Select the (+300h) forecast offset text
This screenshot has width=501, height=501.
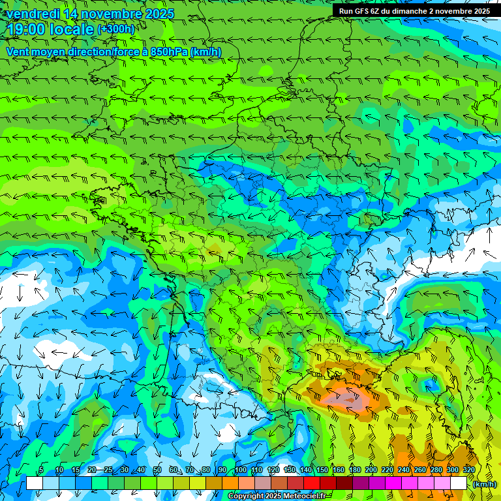pyautogui.click(x=115, y=29)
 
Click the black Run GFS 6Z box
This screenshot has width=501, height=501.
pyautogui.click(x=415, y=11)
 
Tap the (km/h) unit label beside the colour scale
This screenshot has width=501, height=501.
pyautogui.click(x=484, y=484)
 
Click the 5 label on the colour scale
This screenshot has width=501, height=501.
pyautogui.click(x=41, y=470)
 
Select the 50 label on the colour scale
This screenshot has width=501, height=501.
pyautogui.click(x=157, y=470)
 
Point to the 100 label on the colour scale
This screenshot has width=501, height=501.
pyautogui.click(x=241, y=470)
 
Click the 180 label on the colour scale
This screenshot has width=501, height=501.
pyautogui.click(x=355, y=470)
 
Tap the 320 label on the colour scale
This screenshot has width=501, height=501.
pyautogui.click(x=469, y=470)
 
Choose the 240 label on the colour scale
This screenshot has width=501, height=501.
pyautogui.click(x=404, y=470)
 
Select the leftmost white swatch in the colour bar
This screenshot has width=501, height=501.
pyautogui.click(x=35, y=483)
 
